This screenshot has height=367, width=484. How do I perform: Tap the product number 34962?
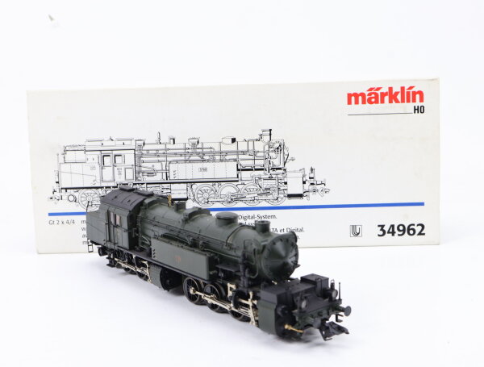(x=401, y=230)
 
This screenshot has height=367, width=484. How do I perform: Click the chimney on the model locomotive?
(x=263, y=228)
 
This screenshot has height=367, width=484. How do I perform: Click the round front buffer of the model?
(x=344, y=310)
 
